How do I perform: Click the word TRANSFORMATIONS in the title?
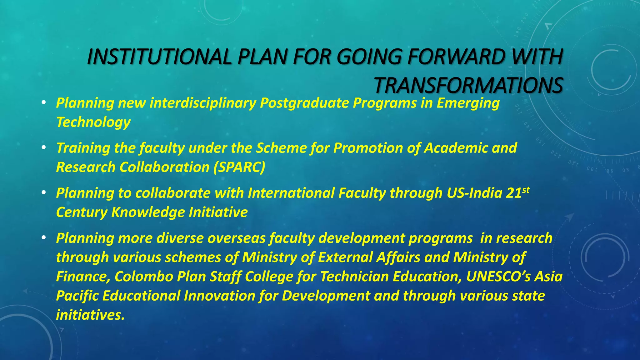(x=468, y=86)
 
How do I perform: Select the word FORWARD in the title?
(x=456, y=57)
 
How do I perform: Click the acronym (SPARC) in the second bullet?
(x=239, y=167)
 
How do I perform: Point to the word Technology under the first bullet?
(x=93, y=122)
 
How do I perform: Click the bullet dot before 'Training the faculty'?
(x=44, y=147)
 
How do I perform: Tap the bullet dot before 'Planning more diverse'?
(x=44, y=237)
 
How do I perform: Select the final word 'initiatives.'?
(x=90, y=315)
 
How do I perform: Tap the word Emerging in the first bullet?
(x=468, y=103)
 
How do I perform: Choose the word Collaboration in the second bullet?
(x=164, y=167)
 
